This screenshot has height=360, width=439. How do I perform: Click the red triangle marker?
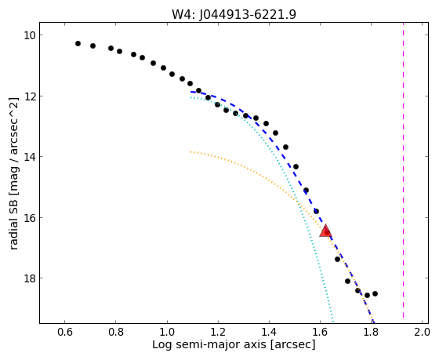(325, 231)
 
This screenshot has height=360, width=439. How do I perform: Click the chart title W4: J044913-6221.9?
(234, 14)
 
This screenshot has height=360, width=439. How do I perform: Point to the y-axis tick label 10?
(27, 35)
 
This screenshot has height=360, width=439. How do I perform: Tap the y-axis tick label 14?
(27, 156)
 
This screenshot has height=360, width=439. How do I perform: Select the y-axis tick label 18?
(27, 278)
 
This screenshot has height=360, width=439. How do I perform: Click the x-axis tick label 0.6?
(65, 332)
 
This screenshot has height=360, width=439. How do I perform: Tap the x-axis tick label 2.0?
(422, 332)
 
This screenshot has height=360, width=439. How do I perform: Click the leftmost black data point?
(78, 43)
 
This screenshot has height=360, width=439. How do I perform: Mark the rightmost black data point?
(376, 293)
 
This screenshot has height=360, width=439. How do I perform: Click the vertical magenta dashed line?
(403, 170)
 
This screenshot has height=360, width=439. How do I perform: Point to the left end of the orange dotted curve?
(191, 151)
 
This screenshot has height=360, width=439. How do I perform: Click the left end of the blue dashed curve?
(191, 92)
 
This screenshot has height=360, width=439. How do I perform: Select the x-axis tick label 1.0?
(167, 332)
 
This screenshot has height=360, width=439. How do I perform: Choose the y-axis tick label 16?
(27, 217)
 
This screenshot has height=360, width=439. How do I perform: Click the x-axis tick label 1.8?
(372, 332)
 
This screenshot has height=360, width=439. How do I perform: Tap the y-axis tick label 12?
(27, 96)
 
